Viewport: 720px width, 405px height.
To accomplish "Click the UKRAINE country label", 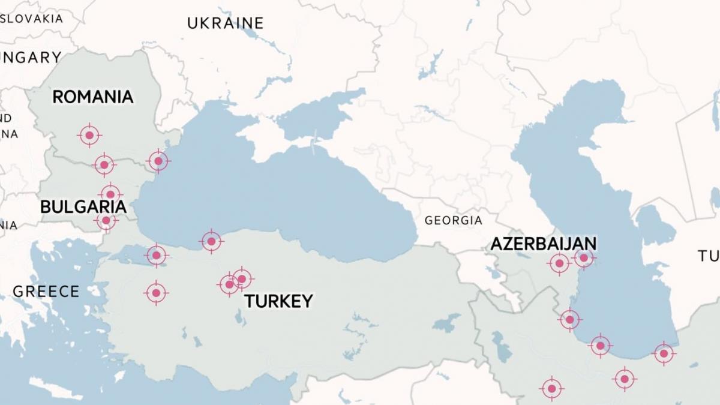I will coord(225,23).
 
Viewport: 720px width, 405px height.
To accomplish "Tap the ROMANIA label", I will coord(93,97).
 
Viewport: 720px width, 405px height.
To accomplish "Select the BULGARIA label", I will coord(83,207).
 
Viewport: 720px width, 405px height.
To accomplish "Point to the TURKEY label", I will coord(278,301).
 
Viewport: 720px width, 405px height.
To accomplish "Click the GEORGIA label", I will coord(453,220).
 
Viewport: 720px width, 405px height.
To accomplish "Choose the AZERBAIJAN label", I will coord(544,244).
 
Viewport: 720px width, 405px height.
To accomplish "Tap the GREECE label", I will coord(46,292).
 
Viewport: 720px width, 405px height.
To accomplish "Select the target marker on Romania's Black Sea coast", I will coord(158,161).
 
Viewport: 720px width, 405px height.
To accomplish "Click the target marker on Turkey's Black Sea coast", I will coord(211,241).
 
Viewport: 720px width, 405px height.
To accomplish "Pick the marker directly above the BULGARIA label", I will coord(110,194).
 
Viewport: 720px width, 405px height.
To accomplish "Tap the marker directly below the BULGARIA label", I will coord(106,221).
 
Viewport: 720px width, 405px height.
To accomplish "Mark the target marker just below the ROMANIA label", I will coord(89,136).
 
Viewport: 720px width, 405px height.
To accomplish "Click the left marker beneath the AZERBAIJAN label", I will coord(559,263).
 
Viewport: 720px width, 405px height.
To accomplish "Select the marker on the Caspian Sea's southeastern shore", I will coord(663,353).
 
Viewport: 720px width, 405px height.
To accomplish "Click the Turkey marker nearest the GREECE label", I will coord(156,293).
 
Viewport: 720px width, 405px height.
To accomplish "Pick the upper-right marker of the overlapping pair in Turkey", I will coord(242,278).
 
